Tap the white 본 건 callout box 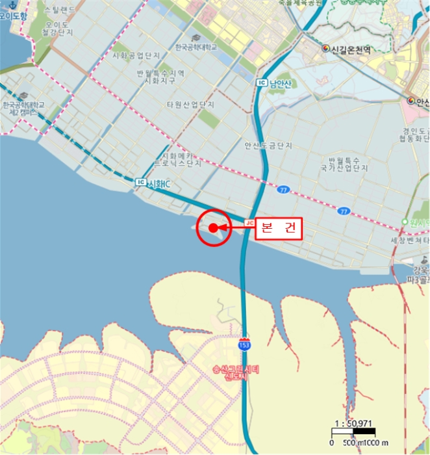(279, 228)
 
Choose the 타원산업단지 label (190, 105)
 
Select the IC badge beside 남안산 (262, 83)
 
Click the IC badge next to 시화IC (141, 183)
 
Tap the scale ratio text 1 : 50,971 (353, 423)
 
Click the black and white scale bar (353, 432)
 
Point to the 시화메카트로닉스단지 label (177, 160)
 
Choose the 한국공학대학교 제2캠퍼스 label (24, 109)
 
